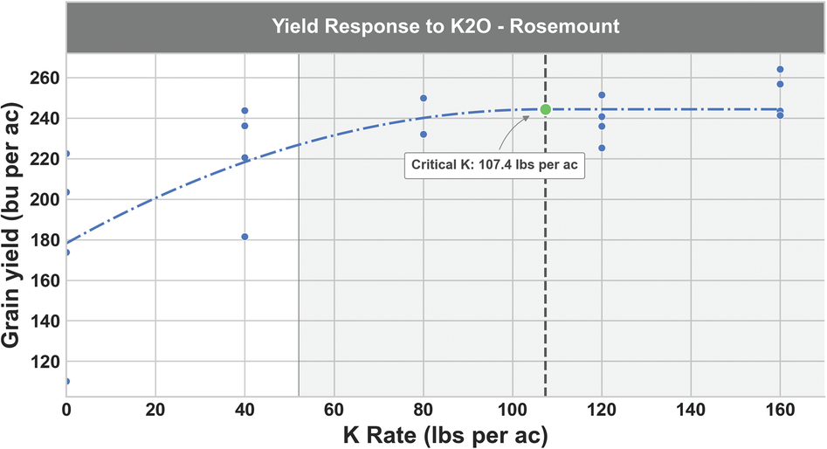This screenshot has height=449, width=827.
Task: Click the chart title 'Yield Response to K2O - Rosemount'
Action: pos(445,26)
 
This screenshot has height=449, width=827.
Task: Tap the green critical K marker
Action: pos(545,109)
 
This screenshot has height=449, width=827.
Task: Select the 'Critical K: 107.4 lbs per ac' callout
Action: pos(493,166)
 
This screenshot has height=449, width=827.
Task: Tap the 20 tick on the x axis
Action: pos(155,407)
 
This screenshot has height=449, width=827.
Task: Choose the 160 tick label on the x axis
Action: pos(779,407)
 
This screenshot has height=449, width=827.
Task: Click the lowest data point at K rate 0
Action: pos(66,381)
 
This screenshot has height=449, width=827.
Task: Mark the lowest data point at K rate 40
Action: pos(245,237)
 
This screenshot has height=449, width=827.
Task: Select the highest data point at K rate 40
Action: pos(245,111)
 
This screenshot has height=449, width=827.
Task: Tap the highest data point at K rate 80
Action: pos(424,98)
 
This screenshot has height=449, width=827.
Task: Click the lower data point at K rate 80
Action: pos(424,135)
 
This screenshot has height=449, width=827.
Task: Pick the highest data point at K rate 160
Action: pos(780,69)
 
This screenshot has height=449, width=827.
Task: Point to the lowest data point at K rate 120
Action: pos(602,148)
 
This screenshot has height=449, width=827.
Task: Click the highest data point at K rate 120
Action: pos(602,94)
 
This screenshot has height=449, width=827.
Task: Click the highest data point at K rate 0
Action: pos(66,154)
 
